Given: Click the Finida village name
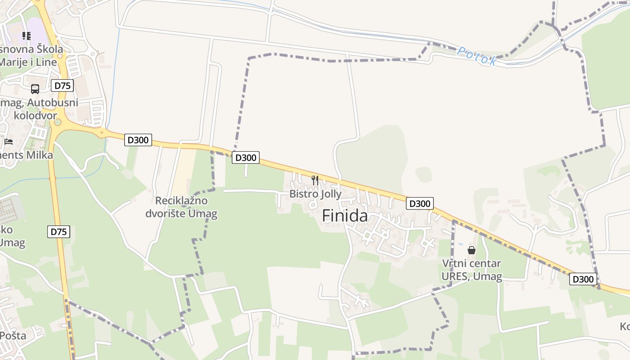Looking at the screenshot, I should [x=345, y=216].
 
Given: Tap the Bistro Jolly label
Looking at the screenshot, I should [x=315, y=194].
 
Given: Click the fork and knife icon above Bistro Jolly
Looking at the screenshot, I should [x=315, y=180].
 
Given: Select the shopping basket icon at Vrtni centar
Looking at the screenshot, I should [x=472, y=250].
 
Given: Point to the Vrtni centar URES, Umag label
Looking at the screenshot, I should [x=471, y=270].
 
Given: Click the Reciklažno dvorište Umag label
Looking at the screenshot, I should [x=181, y=207].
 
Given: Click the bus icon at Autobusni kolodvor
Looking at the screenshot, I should [x=35, y=89].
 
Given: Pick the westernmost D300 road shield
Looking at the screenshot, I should [x=138, y=140].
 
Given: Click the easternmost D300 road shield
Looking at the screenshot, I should [x=583, y=279].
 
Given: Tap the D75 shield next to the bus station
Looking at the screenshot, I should [x=62, y=85].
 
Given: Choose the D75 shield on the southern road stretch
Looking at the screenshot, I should [x=58, y=232].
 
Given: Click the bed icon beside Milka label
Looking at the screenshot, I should [x=9, y=141].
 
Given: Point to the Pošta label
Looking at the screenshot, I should [x=13, y=336].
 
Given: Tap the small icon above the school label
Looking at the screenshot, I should [x=27, y=36].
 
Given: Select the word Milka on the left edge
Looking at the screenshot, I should [x=40, y=155].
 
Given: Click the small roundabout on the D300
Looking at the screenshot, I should [x=102, y=132].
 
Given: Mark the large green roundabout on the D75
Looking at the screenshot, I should [x=58, y=122].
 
